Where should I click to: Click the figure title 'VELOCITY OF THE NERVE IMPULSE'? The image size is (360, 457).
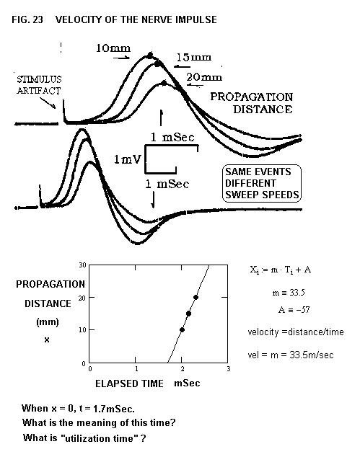(136, 19)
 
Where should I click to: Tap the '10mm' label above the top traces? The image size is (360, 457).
(113, 48)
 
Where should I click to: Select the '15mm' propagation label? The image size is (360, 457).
(194, 57)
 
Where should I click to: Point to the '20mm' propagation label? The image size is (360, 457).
(204, 77)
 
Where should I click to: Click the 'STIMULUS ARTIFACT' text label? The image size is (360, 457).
(39, 85)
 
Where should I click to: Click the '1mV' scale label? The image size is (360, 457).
(127, 159)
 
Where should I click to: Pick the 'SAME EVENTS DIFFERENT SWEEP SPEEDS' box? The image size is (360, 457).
(262, 183)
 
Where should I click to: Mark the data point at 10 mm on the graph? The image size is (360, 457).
(182, 329)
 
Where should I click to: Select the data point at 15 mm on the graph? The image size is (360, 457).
(188, 314)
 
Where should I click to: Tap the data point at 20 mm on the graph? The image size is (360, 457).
(196, 297)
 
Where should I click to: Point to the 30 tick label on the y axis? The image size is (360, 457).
(82, 265)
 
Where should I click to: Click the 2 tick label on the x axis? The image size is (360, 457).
(183, 368)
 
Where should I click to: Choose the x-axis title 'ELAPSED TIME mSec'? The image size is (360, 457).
(148, 383)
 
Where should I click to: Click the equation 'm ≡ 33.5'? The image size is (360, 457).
(289, 293)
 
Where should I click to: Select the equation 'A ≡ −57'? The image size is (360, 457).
(294, 309)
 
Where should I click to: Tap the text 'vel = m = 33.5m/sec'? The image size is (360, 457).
(291, 355)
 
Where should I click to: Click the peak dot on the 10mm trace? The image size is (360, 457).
(150, 55)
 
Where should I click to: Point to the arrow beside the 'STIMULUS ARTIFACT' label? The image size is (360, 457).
(48, 103)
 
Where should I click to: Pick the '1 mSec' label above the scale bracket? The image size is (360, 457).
(172, 137)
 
